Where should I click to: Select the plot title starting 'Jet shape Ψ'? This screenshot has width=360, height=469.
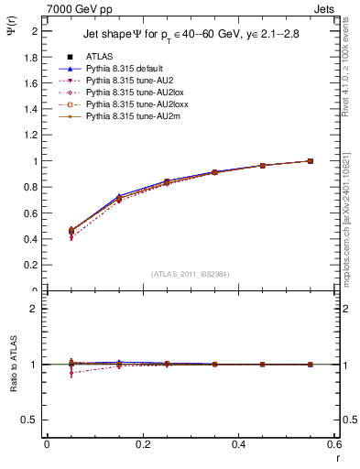point(191,35)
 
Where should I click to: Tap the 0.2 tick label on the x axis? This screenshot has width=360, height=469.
point(142,444)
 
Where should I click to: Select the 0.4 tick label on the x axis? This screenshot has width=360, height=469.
point(238,444)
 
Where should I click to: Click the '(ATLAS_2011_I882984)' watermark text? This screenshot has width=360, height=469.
point(190,273)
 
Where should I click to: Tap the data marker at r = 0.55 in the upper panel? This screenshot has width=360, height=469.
point(310,161)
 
